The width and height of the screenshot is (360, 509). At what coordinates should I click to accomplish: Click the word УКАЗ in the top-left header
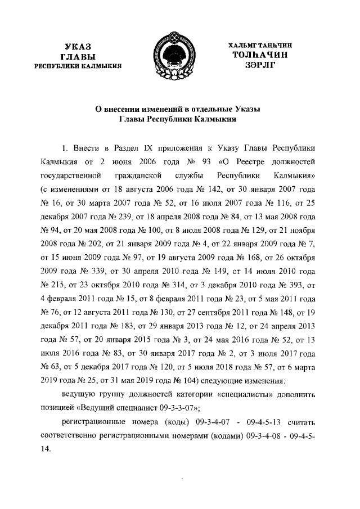point(78,46)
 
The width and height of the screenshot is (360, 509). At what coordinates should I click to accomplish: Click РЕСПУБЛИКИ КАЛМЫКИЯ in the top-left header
point(78,66)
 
